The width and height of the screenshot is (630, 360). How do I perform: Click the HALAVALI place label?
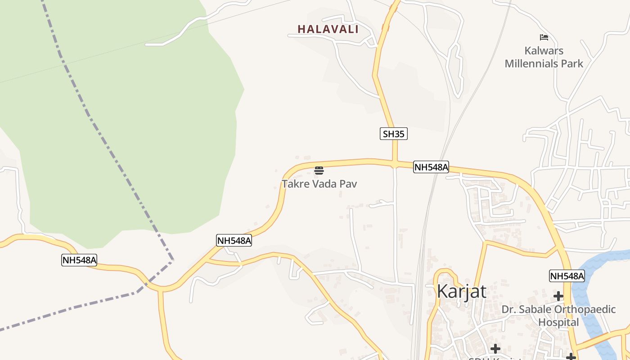[x=328, y=29]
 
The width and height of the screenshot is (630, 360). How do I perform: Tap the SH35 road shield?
[x=393, y=134]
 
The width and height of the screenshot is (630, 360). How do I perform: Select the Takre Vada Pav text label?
[x=319, y=184]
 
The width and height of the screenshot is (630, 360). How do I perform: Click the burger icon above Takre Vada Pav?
[x=319, y=170]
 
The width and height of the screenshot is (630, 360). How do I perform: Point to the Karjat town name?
[x=462, y=292]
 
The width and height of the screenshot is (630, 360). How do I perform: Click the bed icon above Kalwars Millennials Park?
[x=544, y=37]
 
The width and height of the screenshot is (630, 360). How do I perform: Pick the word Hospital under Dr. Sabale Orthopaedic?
[x=558, y=322]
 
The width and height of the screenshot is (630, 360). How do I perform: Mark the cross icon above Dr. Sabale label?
[x=558, y=296]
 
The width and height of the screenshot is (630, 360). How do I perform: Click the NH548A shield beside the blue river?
[x=567, y=276]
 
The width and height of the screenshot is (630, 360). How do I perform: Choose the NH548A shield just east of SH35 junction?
[x=431, y=167]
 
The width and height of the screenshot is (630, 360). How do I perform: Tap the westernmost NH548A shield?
[x=79, y=260]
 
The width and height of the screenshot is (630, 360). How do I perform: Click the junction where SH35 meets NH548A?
[x=395, y=163]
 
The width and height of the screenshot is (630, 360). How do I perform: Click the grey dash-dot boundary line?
[x=103, y=135]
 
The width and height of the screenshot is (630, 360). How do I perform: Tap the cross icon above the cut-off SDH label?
[x=495, y=348]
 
